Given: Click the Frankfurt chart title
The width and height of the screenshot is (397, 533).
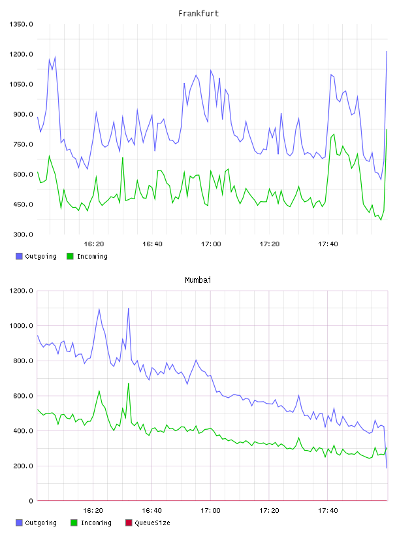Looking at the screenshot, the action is click(x=198, y=14).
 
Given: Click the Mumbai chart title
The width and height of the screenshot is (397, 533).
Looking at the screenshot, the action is click(x=198, y=280).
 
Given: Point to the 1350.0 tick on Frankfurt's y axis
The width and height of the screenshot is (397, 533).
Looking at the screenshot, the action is click(x=21, y=24).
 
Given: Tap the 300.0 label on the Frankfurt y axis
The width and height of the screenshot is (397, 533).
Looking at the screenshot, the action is click(x=23, y=234).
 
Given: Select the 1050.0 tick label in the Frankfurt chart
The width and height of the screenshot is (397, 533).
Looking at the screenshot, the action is click(x=21, y=84).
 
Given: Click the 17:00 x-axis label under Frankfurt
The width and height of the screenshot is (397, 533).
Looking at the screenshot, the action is click(x=211, y=244).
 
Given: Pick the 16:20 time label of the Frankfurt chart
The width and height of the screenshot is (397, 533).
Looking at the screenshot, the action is click(x=94, y=244).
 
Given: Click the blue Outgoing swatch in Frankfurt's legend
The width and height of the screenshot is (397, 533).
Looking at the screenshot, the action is click(x=19, y=256).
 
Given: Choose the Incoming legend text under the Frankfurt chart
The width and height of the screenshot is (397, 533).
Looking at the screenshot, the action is click(x=92, y=257).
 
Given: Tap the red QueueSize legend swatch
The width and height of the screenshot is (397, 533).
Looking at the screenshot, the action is click(x=129, y=523).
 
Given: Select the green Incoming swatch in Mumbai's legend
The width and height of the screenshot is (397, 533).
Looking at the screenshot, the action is click(x=74, y=523).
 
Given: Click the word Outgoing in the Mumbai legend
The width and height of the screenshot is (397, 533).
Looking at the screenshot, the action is click(x=40, y=523).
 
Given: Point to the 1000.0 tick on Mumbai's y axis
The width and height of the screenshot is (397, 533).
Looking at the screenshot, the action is click(x=21, y=326).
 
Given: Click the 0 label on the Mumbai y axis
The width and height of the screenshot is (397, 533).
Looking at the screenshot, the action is click(x=31, y=501).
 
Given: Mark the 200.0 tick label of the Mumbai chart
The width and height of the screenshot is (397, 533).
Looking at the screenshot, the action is click(x=23, y=466).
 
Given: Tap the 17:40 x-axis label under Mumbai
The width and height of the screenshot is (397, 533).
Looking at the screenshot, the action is click(x=328, y=511).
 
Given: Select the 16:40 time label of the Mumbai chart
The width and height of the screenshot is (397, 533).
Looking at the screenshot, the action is click(x=151, y=511).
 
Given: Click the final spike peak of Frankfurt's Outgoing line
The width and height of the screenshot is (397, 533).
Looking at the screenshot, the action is click(x=387, y=52).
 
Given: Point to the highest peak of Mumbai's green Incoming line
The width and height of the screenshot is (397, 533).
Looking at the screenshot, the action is click(x=129, y=383).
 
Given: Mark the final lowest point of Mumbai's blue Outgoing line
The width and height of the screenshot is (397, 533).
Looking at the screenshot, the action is click(x=387, y=468).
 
